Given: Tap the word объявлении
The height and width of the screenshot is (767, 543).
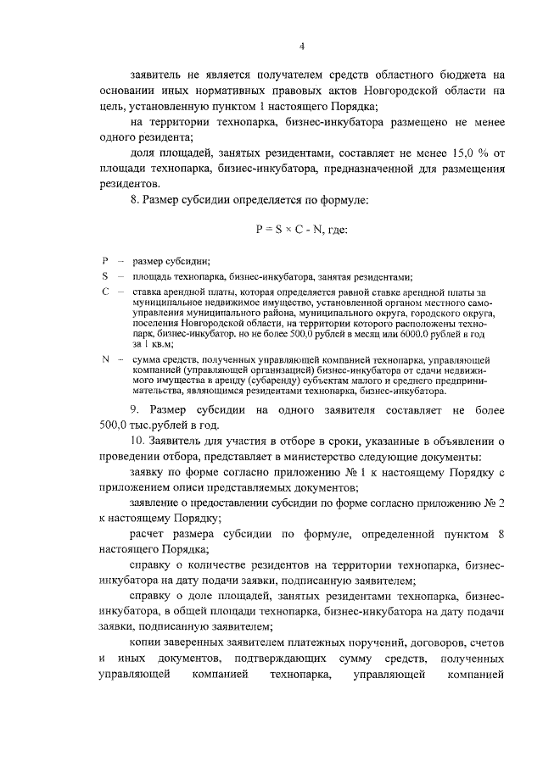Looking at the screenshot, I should coord(457,442).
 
